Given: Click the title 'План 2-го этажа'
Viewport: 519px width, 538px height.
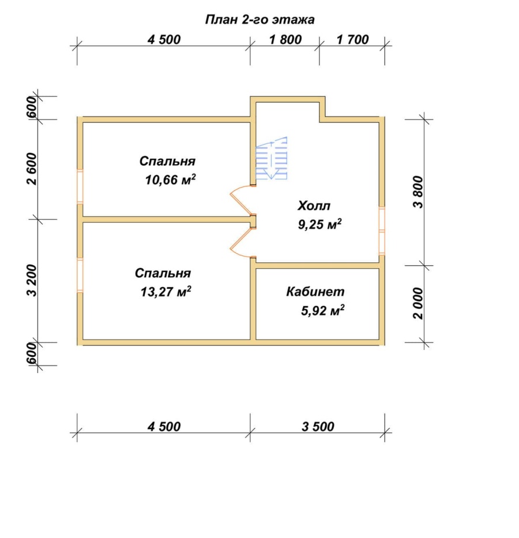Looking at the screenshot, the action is pyautogui.click(x=259, y=20).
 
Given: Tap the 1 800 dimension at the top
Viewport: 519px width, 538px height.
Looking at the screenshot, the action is pyautogui.click(x=285, y=39).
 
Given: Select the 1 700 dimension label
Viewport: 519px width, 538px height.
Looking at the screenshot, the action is pyautogui.click(x=353, y=39).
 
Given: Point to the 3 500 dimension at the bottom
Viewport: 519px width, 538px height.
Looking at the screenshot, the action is pyautogui.click(x=318, y=427).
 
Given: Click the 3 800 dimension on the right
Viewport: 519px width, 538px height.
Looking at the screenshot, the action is pyautogui.click(x=419, y=192).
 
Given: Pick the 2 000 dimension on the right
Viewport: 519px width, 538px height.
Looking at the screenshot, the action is pyautogui.click(x=419, y=303).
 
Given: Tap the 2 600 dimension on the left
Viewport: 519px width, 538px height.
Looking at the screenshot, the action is pyautogui.click(x=32, y=169).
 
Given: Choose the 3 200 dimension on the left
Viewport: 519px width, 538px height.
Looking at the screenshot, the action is pyautogui.click(x=32, y=280).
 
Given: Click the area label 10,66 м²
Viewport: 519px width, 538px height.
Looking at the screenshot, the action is pyautogui.click(x=171, y=179).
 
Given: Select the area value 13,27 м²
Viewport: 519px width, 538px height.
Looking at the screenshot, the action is pyautogui.click(x=166, y=292).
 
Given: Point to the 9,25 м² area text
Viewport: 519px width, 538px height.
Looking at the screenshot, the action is pyautogui.click(x=319, y=224).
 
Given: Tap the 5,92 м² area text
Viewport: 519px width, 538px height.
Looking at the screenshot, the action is pyautogui.click(x=323, y=310).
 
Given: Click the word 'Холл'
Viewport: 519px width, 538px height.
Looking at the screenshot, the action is pyautogui.click(x=314, y=206).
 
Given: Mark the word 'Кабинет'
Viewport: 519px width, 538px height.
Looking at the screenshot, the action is pyautogui.click(x=315, y=292).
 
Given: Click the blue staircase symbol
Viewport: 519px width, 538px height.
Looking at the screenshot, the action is pyautogui.click(x=272, y=158).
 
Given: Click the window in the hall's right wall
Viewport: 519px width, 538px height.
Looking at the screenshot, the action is pyautogui.click(x=382, y=231).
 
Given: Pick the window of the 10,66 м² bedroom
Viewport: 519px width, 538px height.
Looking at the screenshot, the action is pyautogui.click(x=80, y=187).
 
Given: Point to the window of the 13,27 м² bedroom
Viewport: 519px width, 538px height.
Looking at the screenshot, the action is pyautogui.click(x=80, y=275).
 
